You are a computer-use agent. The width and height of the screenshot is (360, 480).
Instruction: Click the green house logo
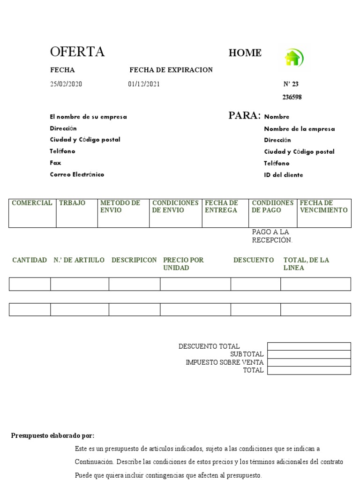293,58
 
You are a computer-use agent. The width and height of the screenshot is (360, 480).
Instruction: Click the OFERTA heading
77,52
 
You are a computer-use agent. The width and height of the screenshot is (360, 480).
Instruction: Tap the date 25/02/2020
66,84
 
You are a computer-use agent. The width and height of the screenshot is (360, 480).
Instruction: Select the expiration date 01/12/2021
143,84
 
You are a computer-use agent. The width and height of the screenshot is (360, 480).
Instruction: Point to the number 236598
292,97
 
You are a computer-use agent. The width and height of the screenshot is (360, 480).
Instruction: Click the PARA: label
244,116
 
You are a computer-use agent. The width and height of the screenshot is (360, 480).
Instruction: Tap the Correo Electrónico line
77,174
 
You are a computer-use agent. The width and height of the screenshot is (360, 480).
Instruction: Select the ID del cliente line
283,175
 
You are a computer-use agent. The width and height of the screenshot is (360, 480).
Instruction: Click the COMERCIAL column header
32,203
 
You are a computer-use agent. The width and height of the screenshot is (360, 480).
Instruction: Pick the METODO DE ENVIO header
120,207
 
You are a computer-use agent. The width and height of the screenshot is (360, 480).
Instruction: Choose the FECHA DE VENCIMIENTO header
323,207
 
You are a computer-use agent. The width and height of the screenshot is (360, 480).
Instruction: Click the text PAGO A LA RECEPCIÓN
272,236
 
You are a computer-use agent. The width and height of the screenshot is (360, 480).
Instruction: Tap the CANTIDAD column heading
30,260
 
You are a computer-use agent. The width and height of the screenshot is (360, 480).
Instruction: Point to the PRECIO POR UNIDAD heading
183,264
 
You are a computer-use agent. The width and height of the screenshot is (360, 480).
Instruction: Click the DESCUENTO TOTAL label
209,346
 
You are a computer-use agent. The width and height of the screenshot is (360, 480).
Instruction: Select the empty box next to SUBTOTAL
309,354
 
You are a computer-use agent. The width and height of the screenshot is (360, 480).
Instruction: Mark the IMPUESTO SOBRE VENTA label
225,362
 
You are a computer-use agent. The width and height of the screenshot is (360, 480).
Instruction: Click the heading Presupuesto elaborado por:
53,436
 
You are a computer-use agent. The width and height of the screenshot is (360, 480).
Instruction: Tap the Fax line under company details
55,163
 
